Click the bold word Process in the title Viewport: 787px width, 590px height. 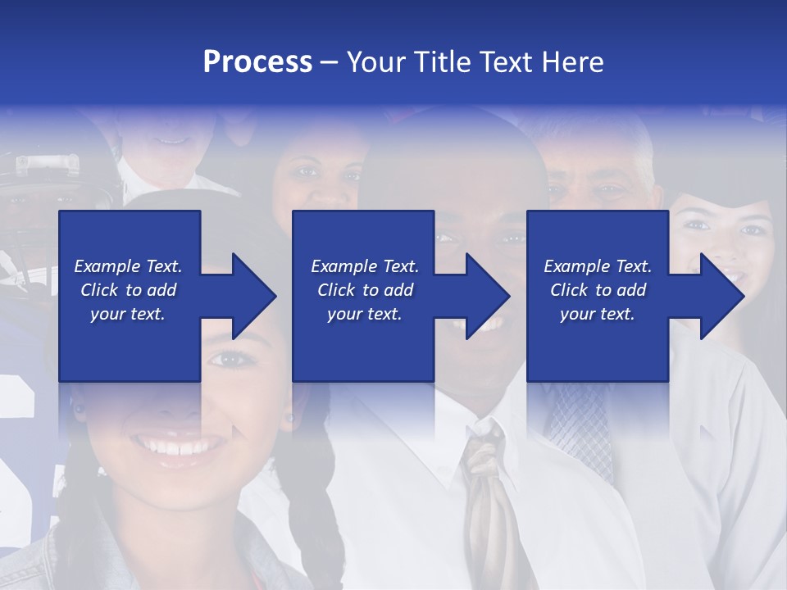click(257, 62)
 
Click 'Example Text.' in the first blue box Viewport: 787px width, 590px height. click(128, 266)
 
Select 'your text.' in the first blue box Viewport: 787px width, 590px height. click(128, 314)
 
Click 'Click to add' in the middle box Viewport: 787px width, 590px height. click(365, 290)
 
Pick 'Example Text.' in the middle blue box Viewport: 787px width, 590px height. click(365, 266)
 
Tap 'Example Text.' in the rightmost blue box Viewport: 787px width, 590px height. click(598, 266)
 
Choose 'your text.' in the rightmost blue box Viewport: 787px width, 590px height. click(598, 314)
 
